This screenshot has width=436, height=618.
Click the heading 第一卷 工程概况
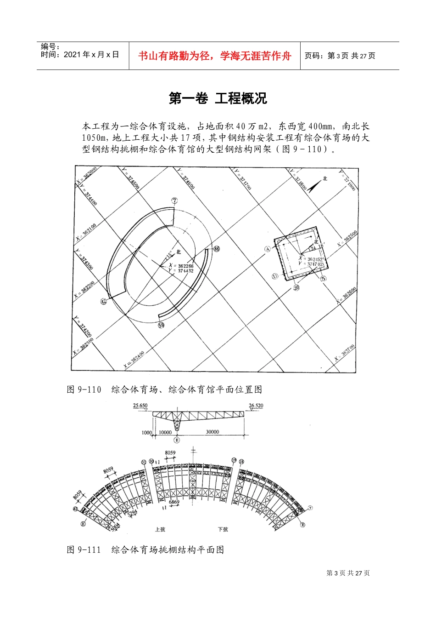(x=218, y=98)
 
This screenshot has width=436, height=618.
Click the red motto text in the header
(x=215, y=56)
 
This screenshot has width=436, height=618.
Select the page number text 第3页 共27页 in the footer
(x=348, y=573)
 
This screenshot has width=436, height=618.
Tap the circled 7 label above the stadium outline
(x=174, y=200)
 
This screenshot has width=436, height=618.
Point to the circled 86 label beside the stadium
(x=217, y=249)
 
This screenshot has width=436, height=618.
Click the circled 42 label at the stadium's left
(x=103, y=301)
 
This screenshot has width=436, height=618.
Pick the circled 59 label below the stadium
(x=161, y=326)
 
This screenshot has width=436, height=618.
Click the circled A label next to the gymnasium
(x=268, y=249)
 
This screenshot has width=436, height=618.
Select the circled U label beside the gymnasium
(x=275, y=276)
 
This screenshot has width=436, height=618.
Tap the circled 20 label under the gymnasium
(x=296, y=288)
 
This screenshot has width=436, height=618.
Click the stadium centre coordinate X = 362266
(x=181, y=266)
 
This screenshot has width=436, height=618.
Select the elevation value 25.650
(x=140, y=406)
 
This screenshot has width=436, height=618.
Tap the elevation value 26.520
(x=256, y=406)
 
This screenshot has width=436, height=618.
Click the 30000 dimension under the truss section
(x=212, y=432)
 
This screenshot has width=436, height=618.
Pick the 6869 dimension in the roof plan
(x=174, y=502)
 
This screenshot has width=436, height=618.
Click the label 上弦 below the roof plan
(x=160, y=530)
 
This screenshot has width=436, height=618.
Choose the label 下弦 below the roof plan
(x=223, y=530)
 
